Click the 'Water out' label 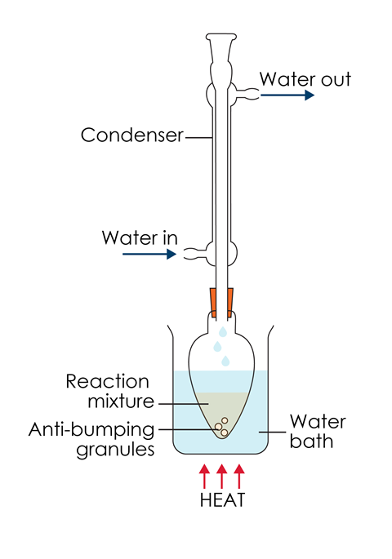point(305,79)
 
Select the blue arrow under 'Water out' point(287,95)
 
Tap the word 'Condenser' point(132,135)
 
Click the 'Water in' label point(140,237)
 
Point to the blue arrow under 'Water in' point(149,254)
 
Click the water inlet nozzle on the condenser point(195,254)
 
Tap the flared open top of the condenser point(221,37)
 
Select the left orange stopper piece point(213,302)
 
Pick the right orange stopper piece point(229,302)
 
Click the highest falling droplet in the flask point(223,331)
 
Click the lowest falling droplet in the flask point(225,361)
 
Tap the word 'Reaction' point(107,381)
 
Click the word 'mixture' point(121,401)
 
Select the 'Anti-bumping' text point(91,430)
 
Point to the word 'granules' point(116,450)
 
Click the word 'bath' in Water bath point(311,441)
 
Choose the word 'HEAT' point(223,499)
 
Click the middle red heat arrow point(221,477)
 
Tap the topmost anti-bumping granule point(225,420)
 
